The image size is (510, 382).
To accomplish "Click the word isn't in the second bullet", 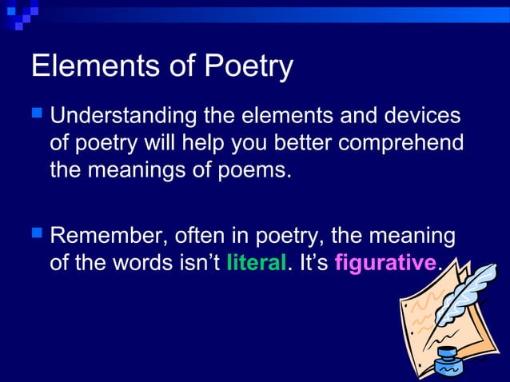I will (197, 263).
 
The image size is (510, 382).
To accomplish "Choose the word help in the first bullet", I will (193, 144).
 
